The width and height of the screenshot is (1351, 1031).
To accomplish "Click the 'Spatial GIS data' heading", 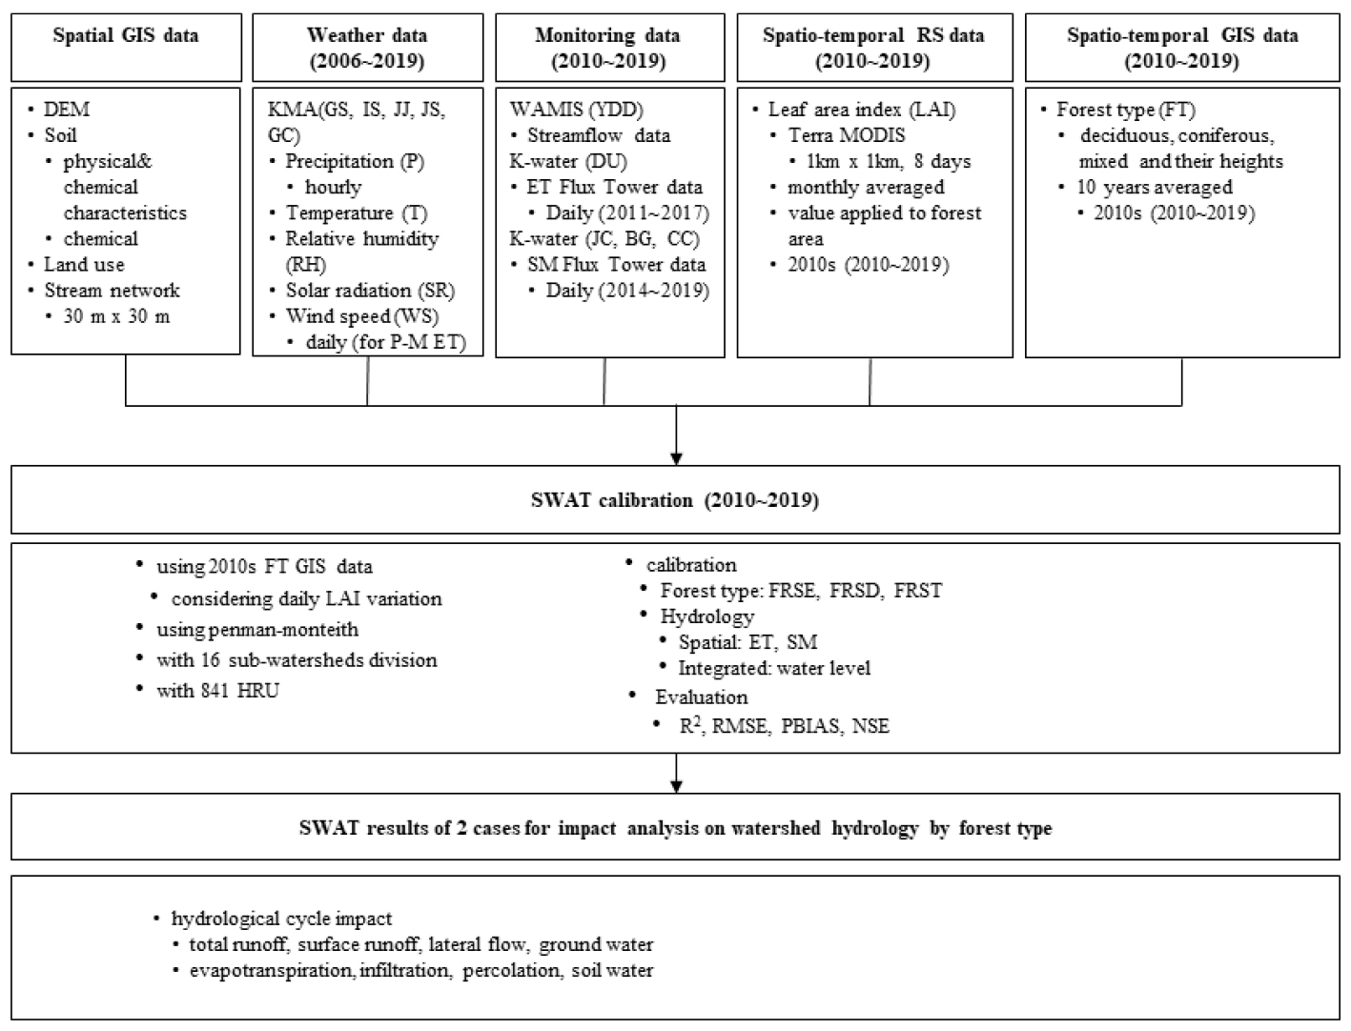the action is pyautogui.click(x=126, y=35).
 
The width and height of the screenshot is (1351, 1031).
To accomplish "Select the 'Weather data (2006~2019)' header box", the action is pyautogui.click(x=367, y=48).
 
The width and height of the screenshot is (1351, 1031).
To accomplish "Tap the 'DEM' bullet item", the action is pyautogui.click(x=66, y=110).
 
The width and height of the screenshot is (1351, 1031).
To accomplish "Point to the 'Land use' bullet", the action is pyautogui.click(x=84, y=265).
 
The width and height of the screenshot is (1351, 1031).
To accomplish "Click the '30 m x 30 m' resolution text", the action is pyautogui.click(x=116, y=316).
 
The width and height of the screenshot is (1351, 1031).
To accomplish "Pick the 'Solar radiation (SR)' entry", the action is pyautogui.click(x=370, y=291).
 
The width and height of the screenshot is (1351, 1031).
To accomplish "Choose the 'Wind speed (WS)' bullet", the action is pyautogui.click(x=362, y=316).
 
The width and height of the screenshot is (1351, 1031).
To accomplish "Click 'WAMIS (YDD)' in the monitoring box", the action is pyautogui.click(x=576, y=110).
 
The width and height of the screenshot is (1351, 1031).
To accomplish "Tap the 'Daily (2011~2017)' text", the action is pyautogui.click(x=627, y=212).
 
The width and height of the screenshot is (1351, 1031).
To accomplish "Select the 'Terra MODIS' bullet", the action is pyautogui.click(x=847, y=135).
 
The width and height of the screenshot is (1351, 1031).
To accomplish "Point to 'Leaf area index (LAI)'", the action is pyautogui.click(x=862, y=110).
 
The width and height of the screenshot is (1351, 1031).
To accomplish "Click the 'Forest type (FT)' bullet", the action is pyautogui.click(x=1126, y=110).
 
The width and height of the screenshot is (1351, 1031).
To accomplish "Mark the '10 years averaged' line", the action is pyautogui.click(x=1154, y=187).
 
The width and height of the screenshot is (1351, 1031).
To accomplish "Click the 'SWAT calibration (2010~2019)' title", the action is pyautogui.click(x=675, y=499).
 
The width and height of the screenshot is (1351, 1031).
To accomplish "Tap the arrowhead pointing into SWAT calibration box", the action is pyautogui.click(x=676, y=459).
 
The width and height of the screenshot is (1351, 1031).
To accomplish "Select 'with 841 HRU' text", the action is pyautogui.click(x=218, y=690).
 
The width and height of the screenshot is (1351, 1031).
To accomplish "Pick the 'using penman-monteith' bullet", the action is pyautogui.click(x=257, y=629).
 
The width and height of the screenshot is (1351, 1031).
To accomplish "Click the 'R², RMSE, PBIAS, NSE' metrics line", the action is pyautogui.click(x=784, y=725).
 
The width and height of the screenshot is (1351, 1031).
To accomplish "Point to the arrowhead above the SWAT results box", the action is pyautogui.click(x=676, y=787).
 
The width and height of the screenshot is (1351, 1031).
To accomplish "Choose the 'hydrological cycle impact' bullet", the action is pyautogui.click(x=281, y=919).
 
